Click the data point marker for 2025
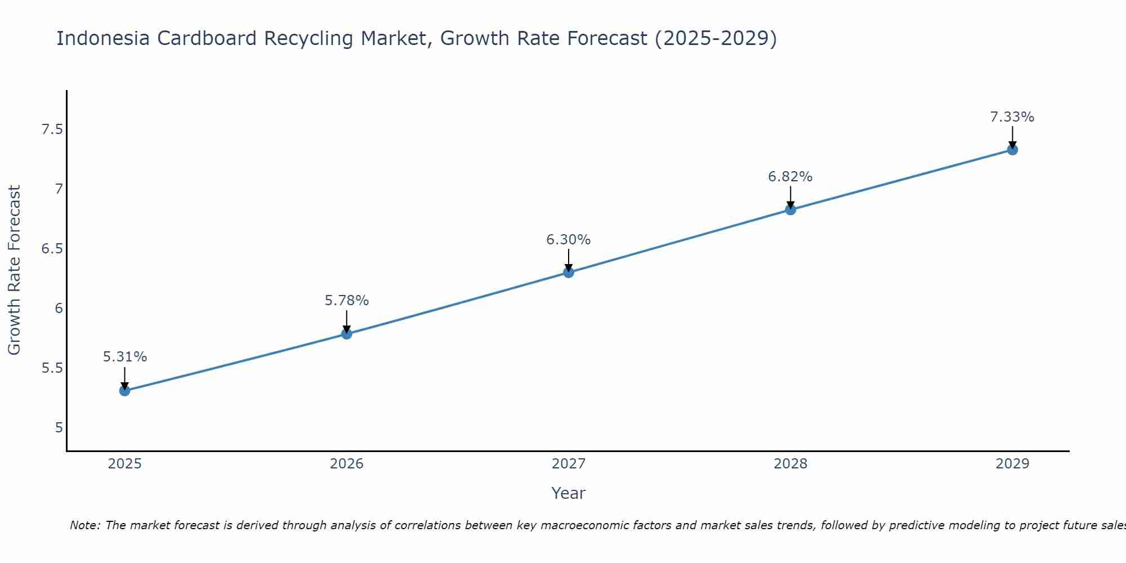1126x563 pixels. click(x=124, y=390)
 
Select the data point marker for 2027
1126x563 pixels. click(x=569, y=272)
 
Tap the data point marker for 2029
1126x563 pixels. click(x=1012, y=150)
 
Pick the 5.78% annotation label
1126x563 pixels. click(x=347, y=301)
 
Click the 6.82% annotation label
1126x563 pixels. click(x=790, y=177)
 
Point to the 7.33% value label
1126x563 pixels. click(x=1012, y=117)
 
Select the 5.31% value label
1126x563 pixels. click(x=125, y=357)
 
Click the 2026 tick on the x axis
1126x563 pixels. click(x=347, y=464)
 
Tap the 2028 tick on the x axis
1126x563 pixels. click(x=790, y=464)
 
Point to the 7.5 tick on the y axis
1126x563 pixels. click(x=52, y=130)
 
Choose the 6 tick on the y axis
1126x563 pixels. click(x=59, y=309)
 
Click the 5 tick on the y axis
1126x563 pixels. click(x=59, y=428)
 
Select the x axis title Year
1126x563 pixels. click(x=569, y=493)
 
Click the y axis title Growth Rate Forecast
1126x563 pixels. click(x=15, y=270)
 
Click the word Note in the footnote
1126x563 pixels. click(x=84, y=525)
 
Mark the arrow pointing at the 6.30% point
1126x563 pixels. click(x=569, y=260)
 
